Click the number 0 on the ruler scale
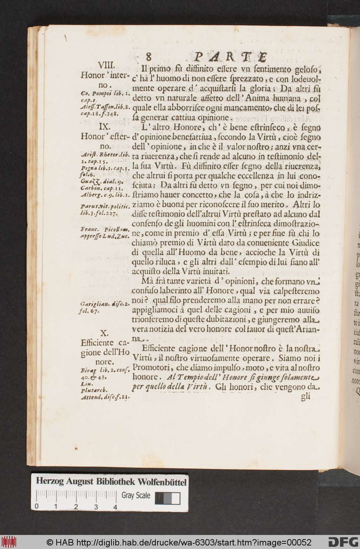coord(37,507)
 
